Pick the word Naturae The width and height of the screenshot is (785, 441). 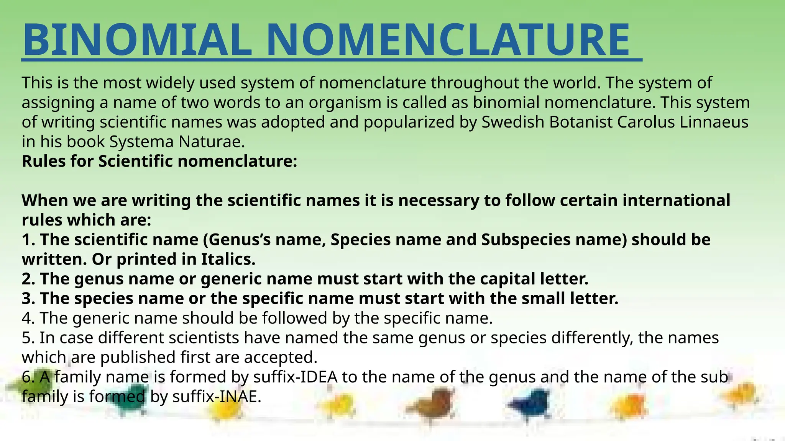coord(212,142)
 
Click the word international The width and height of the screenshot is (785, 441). coord(676,201)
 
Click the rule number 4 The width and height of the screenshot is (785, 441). coord(28,318)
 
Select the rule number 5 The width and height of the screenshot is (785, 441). coord(28,338)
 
